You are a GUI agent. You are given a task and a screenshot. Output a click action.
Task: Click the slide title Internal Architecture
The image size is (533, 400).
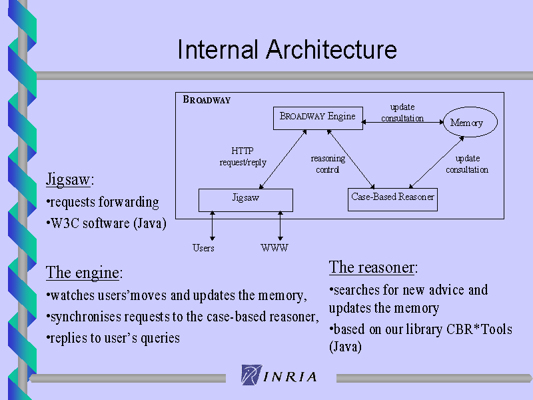click(x=287, y=49)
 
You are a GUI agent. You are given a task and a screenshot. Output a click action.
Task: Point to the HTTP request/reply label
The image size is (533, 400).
click(x=243, y=157)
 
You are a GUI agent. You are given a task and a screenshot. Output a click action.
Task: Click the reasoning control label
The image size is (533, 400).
click(x=328, y=164)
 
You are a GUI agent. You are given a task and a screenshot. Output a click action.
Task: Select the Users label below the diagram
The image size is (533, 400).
click(x=203, y=248)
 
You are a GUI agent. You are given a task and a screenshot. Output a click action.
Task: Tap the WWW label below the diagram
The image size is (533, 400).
click(x=274, y=247)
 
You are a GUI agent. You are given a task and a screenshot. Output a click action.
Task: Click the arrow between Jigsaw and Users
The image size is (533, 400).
click(x=213, y=226)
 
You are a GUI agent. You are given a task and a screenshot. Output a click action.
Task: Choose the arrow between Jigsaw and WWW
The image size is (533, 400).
click(x=280, y=226)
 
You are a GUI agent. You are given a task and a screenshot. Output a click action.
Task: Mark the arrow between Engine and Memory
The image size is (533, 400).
click(x=403, y=122)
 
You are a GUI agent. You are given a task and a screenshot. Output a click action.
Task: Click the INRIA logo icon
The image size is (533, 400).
click(x=252, y=375)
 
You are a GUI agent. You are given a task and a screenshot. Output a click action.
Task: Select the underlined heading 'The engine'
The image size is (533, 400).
click(x=84, y=273)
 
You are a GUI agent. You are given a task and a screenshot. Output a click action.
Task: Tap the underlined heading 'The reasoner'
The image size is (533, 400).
click(x=373, y=267)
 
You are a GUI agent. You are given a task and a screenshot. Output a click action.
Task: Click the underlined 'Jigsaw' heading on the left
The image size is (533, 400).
click(x=70, y=179)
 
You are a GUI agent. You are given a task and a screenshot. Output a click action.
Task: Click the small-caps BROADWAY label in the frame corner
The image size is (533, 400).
click(x=207, y=99)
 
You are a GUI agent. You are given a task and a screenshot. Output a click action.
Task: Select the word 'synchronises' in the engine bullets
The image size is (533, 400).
click(x=86, y=317)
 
